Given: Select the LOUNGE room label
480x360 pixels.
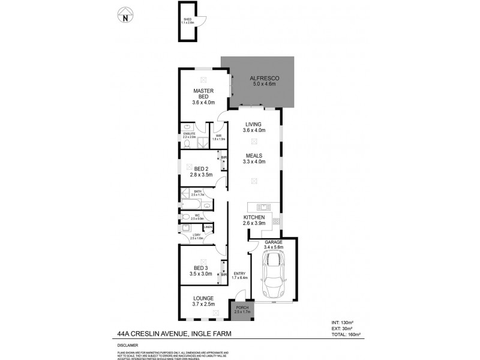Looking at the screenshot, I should point(204,298).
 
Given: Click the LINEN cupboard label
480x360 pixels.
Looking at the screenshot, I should point(208,227).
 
